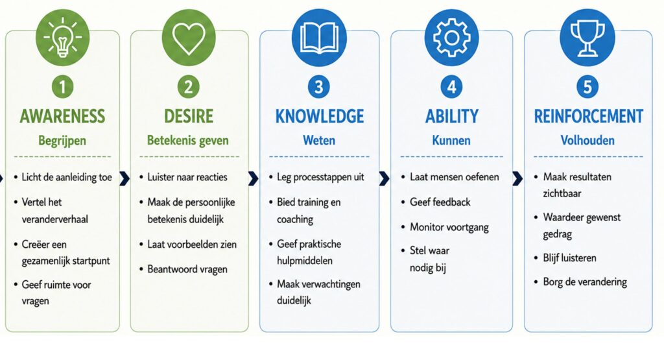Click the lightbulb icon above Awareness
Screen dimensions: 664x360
tap(63, 38)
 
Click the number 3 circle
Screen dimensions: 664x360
tap(319, 88)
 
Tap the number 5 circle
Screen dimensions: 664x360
tap(587, 88)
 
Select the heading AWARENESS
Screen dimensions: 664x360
tap(63, 117)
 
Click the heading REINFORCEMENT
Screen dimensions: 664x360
tap(589, 117)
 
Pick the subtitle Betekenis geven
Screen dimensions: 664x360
tap(188, 141)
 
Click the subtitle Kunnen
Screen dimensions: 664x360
tap(451, 141)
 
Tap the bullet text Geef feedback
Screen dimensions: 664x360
tap(440, 202)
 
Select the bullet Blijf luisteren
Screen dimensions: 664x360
tap(569, 258)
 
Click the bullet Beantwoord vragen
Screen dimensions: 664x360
tap(187, 269)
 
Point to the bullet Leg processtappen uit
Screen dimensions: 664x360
tap(320, 178)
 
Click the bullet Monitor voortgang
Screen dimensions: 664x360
tap(449, 228)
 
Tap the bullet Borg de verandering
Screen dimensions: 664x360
tap(585, 282)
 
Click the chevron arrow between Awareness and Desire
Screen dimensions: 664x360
tap(124, 178)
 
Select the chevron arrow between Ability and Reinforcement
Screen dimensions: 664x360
tap(517, 178)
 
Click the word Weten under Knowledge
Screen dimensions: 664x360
tap(319, 141)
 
